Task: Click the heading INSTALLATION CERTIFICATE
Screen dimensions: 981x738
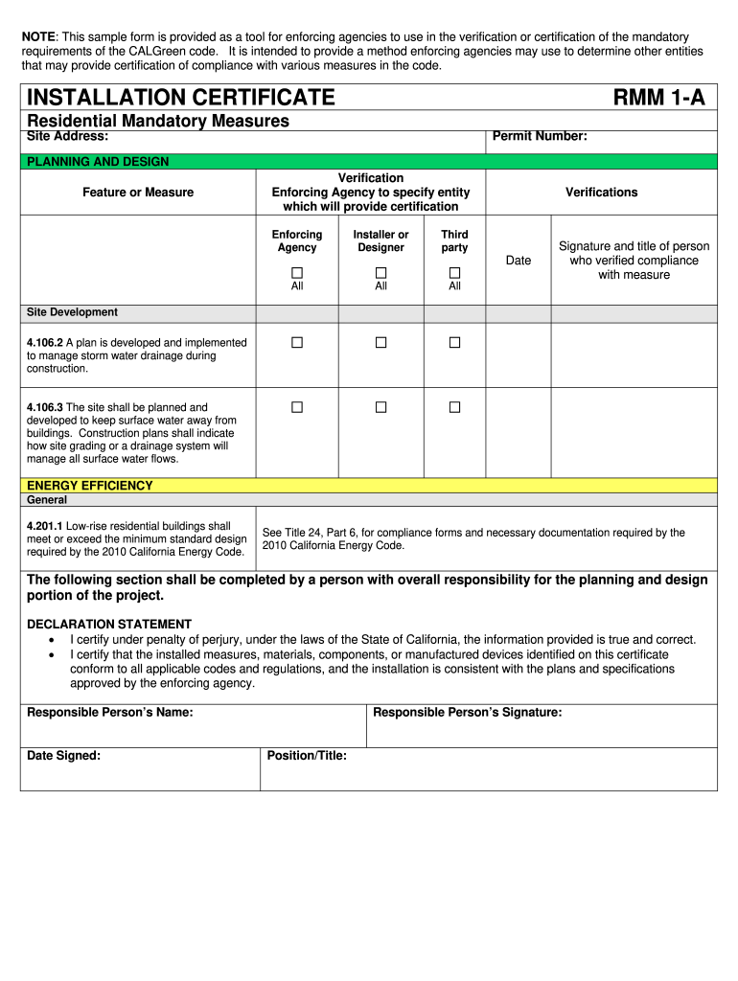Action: point(181,97)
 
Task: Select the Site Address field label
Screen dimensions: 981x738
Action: point(67,136)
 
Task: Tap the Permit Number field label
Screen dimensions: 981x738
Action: point(540,136)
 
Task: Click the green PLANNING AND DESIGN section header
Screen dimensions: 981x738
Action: point(98,162)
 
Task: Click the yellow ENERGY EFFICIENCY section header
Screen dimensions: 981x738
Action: point(90,486)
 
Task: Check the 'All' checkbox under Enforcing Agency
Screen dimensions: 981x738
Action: point(297,273)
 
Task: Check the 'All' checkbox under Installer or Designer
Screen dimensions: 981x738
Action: point(381,273)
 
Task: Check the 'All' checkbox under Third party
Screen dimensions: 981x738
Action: point(455,273)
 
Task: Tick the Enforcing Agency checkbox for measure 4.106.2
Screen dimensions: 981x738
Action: point(297,342)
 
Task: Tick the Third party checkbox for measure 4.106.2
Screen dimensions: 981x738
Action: point(455,342)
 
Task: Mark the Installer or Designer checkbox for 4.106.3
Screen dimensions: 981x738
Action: point(381,407)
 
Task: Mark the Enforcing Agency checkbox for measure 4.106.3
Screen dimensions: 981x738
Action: point(297,407)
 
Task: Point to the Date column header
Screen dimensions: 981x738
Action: point(519,261)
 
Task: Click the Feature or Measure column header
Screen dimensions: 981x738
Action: point(138,193)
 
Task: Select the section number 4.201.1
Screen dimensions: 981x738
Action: point(44,526)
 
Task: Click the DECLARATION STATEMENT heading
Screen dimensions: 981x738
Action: point(109,624)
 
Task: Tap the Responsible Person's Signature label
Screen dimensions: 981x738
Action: point(467,712)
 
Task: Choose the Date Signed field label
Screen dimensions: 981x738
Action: point(63,756)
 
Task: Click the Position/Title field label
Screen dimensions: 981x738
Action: point(307,756)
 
